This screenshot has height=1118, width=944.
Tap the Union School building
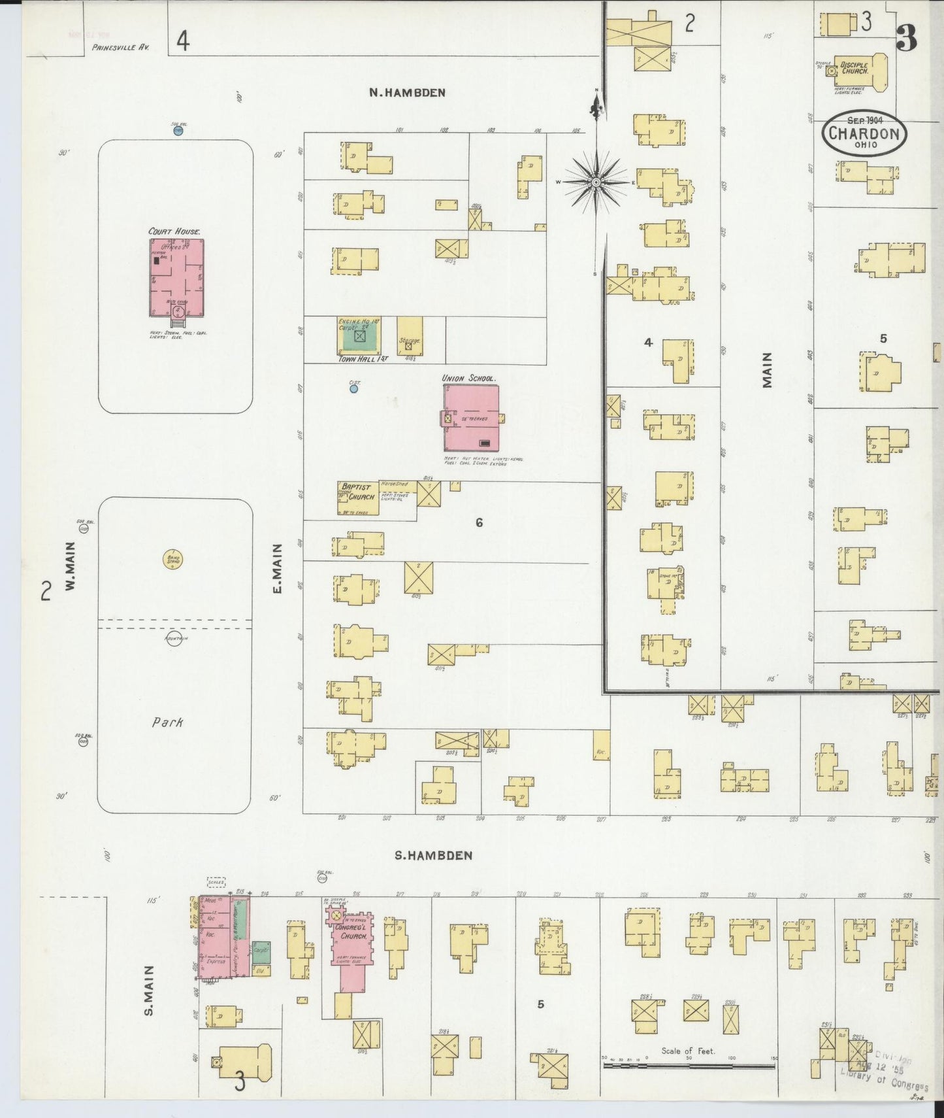pyautogui.click(x=471, y=418)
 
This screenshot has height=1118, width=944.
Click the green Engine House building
pyautogui.click(x=359, y=337)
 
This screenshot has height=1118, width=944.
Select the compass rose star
pyautogui.click(x=596, y=182)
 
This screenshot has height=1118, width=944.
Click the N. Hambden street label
pyautogui.click(x=407, y=93)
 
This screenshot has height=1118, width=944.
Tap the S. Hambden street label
pyautogui.click(x=433, y=855)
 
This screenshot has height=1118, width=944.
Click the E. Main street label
pyautogui.click(x=277, y=569)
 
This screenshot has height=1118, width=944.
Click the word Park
pyautogui.click(x=167, y=722)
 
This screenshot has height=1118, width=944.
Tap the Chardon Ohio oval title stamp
pyautogui.click(x=864, y=133)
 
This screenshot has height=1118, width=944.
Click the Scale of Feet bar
pyautogui.click(x=689, y=1066)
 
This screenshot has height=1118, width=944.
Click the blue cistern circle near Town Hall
pyautogui.click(x=353, y=388)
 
